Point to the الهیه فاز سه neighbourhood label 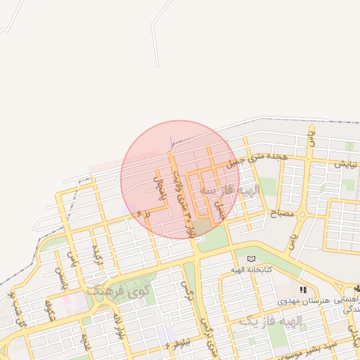(x=229, y=191)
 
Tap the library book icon (x=252, y=259)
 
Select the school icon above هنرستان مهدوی (x=303, y=289)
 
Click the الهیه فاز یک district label (x=271, y=321)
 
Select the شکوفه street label (x=49, y=309)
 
